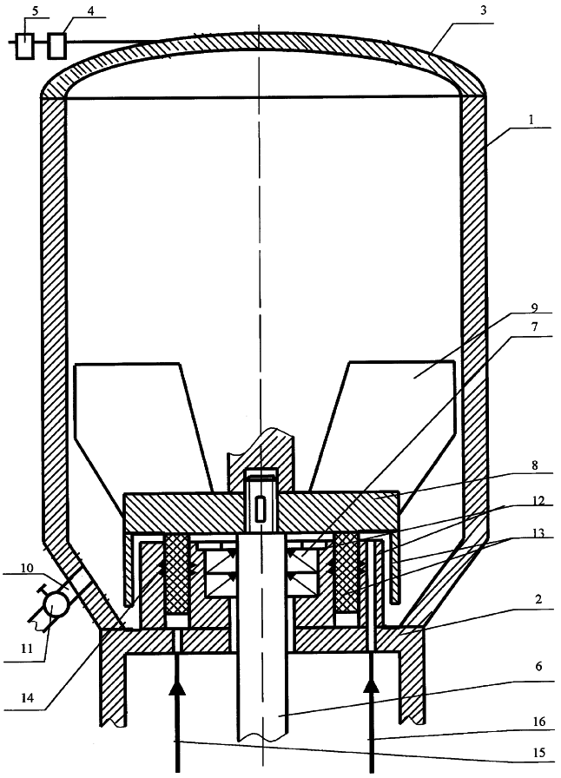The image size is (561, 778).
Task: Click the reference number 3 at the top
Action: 483,11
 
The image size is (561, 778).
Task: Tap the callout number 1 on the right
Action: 531,120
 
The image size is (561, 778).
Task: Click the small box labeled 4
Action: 57,46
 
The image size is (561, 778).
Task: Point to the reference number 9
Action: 534,307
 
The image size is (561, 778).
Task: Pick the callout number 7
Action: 534,327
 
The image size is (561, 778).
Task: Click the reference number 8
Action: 534,466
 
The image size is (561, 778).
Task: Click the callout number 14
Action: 28,697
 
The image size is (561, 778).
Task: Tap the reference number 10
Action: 27,567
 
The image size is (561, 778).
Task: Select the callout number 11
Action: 26,648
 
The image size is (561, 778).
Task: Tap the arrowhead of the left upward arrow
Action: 175,689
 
